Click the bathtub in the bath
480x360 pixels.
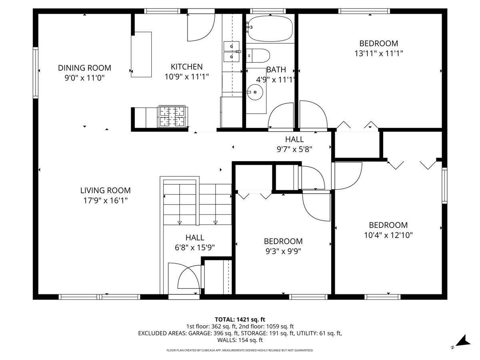pyautogui.click(x=270, y=28)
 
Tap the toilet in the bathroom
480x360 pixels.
pyautogui.click(x=258, y=56)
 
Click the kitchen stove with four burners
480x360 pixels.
pyautogui.click(x=173, y=116)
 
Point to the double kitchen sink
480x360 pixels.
pyautogui.click(x=231, y=52)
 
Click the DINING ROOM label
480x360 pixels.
pyautogui.click(x=84, y=68)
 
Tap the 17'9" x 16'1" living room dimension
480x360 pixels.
pyautogui.click(x=105, y=201)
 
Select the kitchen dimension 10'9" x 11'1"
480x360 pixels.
pyautogui.click(x=186, y=77)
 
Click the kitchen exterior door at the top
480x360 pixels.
pyautogui.click(x=201, y=27)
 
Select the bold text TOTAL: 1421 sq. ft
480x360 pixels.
pyautogui.click(x=240, y=319)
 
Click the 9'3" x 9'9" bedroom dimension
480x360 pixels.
pyautogui.click(x=283, y=251)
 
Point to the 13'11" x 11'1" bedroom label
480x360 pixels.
pyautogui.click(x=378, y=53)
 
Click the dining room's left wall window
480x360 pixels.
pyautogui.click(x=36, y=72)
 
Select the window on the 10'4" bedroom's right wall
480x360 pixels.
pyautogui.click(x=444, y=185)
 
